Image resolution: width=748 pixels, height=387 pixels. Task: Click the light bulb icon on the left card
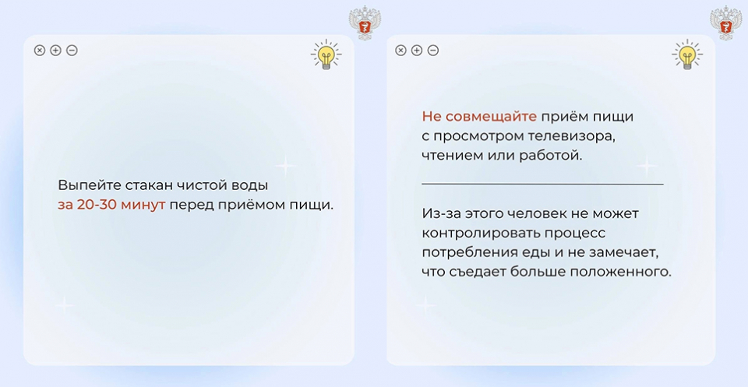pyautogui.click(x=326, y=55)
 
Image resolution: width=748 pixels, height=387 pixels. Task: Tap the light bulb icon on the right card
pyautogui.click(x=687, y=55)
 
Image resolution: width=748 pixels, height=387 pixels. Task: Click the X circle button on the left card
pyautogui.click(x=40, y=50)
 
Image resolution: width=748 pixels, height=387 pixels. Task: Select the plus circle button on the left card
pyautogui.click(x=56, y=50)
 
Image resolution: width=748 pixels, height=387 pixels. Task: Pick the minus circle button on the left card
pyautogui.click(x=72, y=50)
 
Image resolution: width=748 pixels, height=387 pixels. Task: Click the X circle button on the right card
pyautogui.click(x=400, y=50)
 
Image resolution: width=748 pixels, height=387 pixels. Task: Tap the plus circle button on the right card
pyautogui.click(x=417, y=50)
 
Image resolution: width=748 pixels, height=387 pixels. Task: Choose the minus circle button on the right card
pyautogui.click(x=432, y=50)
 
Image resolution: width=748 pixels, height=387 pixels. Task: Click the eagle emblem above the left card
pyautogui.click(x=365, y=23)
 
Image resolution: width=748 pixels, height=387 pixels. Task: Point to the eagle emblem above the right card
pyautogui.click(x=726, y=23)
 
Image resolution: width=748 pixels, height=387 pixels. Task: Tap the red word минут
pyautogui.click(x=143, y=205)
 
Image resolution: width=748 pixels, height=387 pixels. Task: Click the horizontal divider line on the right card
pyautogui.click(x=542, y=184)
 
